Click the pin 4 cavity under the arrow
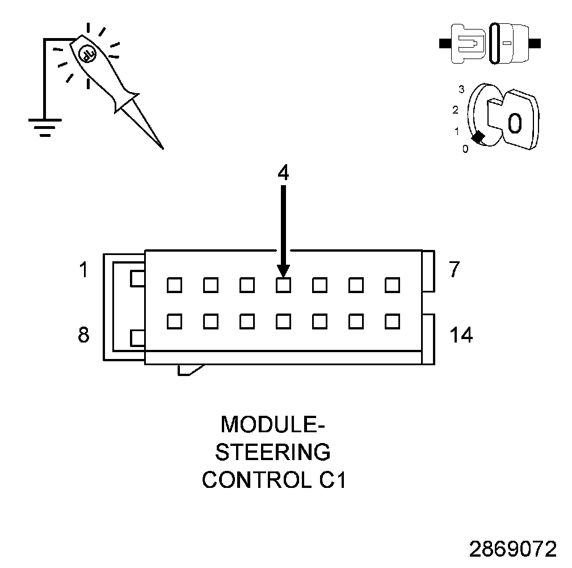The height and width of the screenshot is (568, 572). pyautogui.click(x=283, y=285)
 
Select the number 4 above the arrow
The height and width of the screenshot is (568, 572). pyautogui.click(x=283, y=173)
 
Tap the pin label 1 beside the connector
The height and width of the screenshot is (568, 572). pyautogui.click(x=83, y=270)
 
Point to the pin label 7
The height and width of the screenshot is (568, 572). pyautogui.click(x=454, y=270)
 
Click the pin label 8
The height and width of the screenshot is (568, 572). pyautogui.click(x=83, y=335)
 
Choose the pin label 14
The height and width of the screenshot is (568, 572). pyautogui.click(x=461, y=335)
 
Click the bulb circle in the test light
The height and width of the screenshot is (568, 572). pyautogui.click(x=87, y=53)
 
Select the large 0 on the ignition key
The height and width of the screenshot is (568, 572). pyautogui.click(x=514, y=123)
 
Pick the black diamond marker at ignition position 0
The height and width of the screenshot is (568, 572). pyautogui.click(x=478, y=137)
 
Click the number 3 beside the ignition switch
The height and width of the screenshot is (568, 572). pyautogui.click(x=462, y=89)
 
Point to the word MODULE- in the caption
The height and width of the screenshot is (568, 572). pyautogui.click(x=274, y=424)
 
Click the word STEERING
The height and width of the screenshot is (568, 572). pyautogui.click(x=274, y=452)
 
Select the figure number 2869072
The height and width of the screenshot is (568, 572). pyautogui.click(x=513, y=549)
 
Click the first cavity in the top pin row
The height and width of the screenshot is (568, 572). pyautogui.click(x=174, y=285)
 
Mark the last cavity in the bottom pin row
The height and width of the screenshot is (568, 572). pyautogui.click(x=392, y=321)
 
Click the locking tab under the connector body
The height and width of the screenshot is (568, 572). pyautogui.click(x=190, y=369)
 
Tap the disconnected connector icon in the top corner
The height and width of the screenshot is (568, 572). pyautogui.click(x=491, y=43)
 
